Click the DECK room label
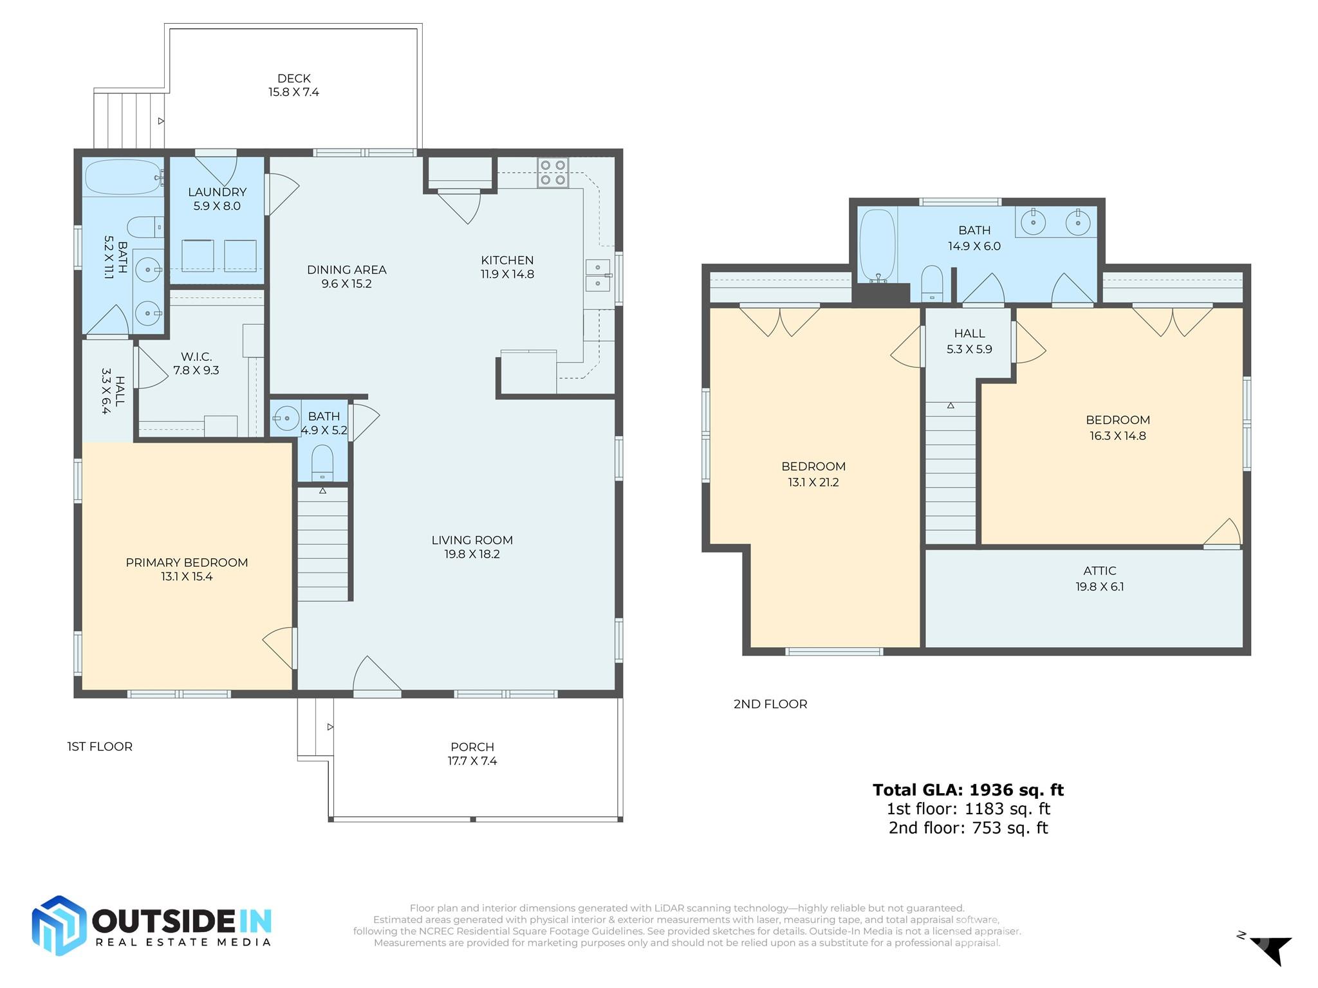(294, 78)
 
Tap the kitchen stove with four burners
(553, 172)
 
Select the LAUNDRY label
(218, 192)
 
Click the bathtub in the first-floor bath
(123, 177)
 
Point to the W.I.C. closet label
(196, 356)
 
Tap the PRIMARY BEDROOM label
(187, 562)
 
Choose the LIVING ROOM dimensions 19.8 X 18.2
(472, 554)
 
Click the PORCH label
(472, 747)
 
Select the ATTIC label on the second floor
(1100, 571)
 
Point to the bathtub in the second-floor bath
(878, 246)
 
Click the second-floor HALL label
(969, 333)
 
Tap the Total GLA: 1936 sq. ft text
(968, 789)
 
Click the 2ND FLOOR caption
(770, 704)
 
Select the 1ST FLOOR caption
(100, 746)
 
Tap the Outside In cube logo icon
(59, 926)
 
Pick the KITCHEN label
(507, 260)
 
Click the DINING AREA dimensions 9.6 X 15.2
(347, 284)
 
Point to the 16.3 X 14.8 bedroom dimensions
(1118, 435)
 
